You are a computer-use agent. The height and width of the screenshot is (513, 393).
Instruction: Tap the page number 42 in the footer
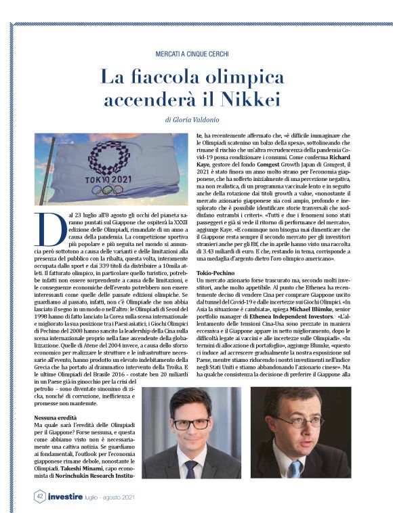coord(41,497)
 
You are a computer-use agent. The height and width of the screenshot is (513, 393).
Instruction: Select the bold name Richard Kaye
coord(352,155)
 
